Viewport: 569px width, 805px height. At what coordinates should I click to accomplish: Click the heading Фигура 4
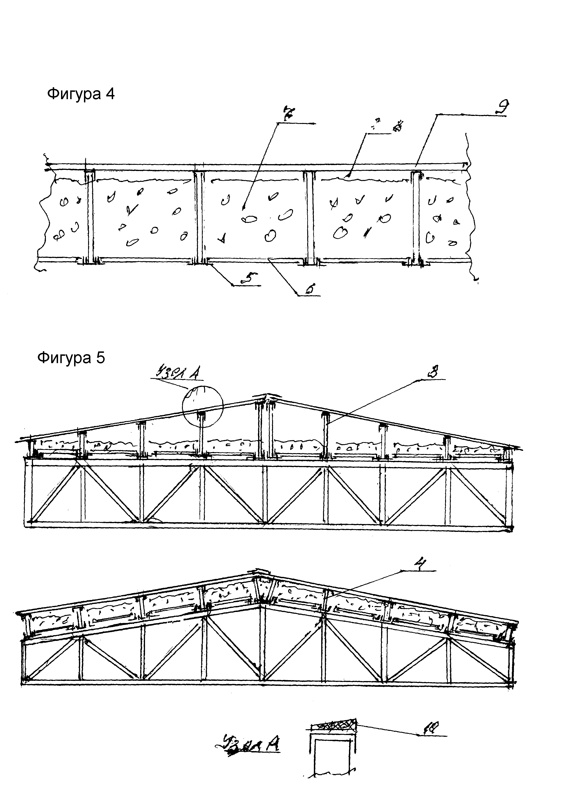pos(81,94)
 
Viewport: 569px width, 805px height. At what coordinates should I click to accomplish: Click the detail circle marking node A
pos(203,406)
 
